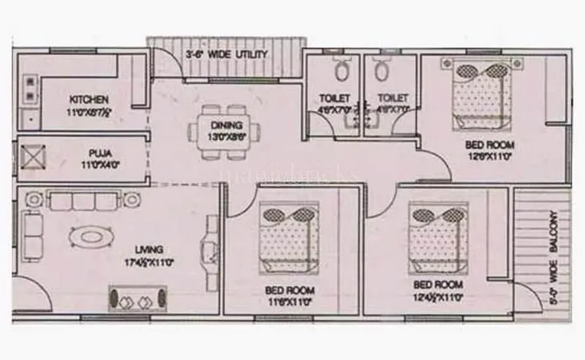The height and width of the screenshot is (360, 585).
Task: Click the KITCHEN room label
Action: click(x=89, y=100)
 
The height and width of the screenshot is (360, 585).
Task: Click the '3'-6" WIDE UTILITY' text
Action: click(x=227, y=55)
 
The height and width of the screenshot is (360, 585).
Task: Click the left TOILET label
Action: click(x=335, y=99)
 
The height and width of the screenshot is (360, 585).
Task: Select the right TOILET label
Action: click(x=392, y=99)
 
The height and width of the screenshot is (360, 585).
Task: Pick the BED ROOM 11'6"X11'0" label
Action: click(x=289, y=290)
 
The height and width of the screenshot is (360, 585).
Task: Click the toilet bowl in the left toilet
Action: click(x=342, y=70)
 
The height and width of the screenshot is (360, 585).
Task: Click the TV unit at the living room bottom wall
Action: click(x=136, y=299)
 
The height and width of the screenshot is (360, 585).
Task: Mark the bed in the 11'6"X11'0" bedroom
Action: click(x=286, y=237)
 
